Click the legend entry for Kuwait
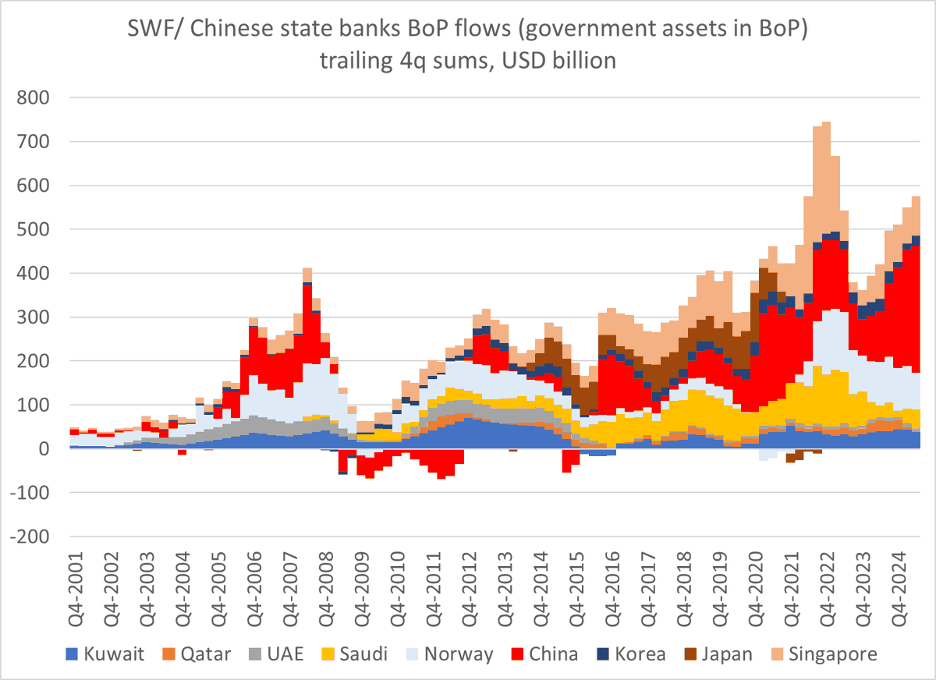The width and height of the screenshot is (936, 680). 114,653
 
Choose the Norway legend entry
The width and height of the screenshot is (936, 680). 459,653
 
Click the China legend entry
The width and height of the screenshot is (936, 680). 553,653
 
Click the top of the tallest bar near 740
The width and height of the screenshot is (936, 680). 826,122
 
